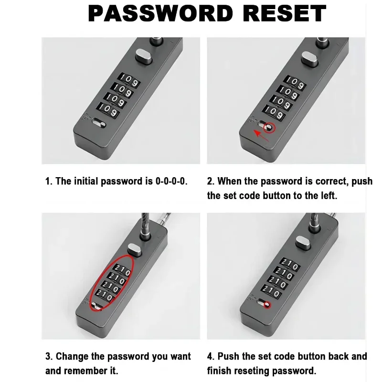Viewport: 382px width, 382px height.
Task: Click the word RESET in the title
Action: pyautogui.click(x=284, y=14)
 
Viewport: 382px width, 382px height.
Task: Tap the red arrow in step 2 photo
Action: pyautogui.click(x=261, y=136)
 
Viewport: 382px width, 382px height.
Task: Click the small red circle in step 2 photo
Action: pyautogui.click(x=269, y=127)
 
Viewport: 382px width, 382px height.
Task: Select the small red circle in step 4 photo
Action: pyautogui.click(x=267, y=305)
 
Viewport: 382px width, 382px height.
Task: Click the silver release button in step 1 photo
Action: pyautogui.click(x=144, y=56)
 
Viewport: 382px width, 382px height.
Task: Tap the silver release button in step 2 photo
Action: pyautogui.click(x=309, y=59)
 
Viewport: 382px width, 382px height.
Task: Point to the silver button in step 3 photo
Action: pyautogui.click(x=135, y=249)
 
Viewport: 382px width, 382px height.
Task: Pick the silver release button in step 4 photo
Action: pyautogui.click(x=303, y=243)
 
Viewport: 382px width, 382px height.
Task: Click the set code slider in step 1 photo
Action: pyautogui.click(x=99, y=123)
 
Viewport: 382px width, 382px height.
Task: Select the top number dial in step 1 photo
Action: pyautogui.click(x=129, y=80)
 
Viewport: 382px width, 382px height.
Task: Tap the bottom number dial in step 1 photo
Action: pyautogui.click(x=108, y=110)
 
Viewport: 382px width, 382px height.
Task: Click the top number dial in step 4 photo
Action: pyautogui.click(x=290, y=265)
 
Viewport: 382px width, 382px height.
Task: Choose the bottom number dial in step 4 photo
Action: pyautogui.click(x=271, y=292)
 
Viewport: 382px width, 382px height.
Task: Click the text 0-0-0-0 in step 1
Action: pyautogui.click(x=171, y=181)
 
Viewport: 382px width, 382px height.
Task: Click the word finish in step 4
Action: pyautogui.click(x=218, y=371)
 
